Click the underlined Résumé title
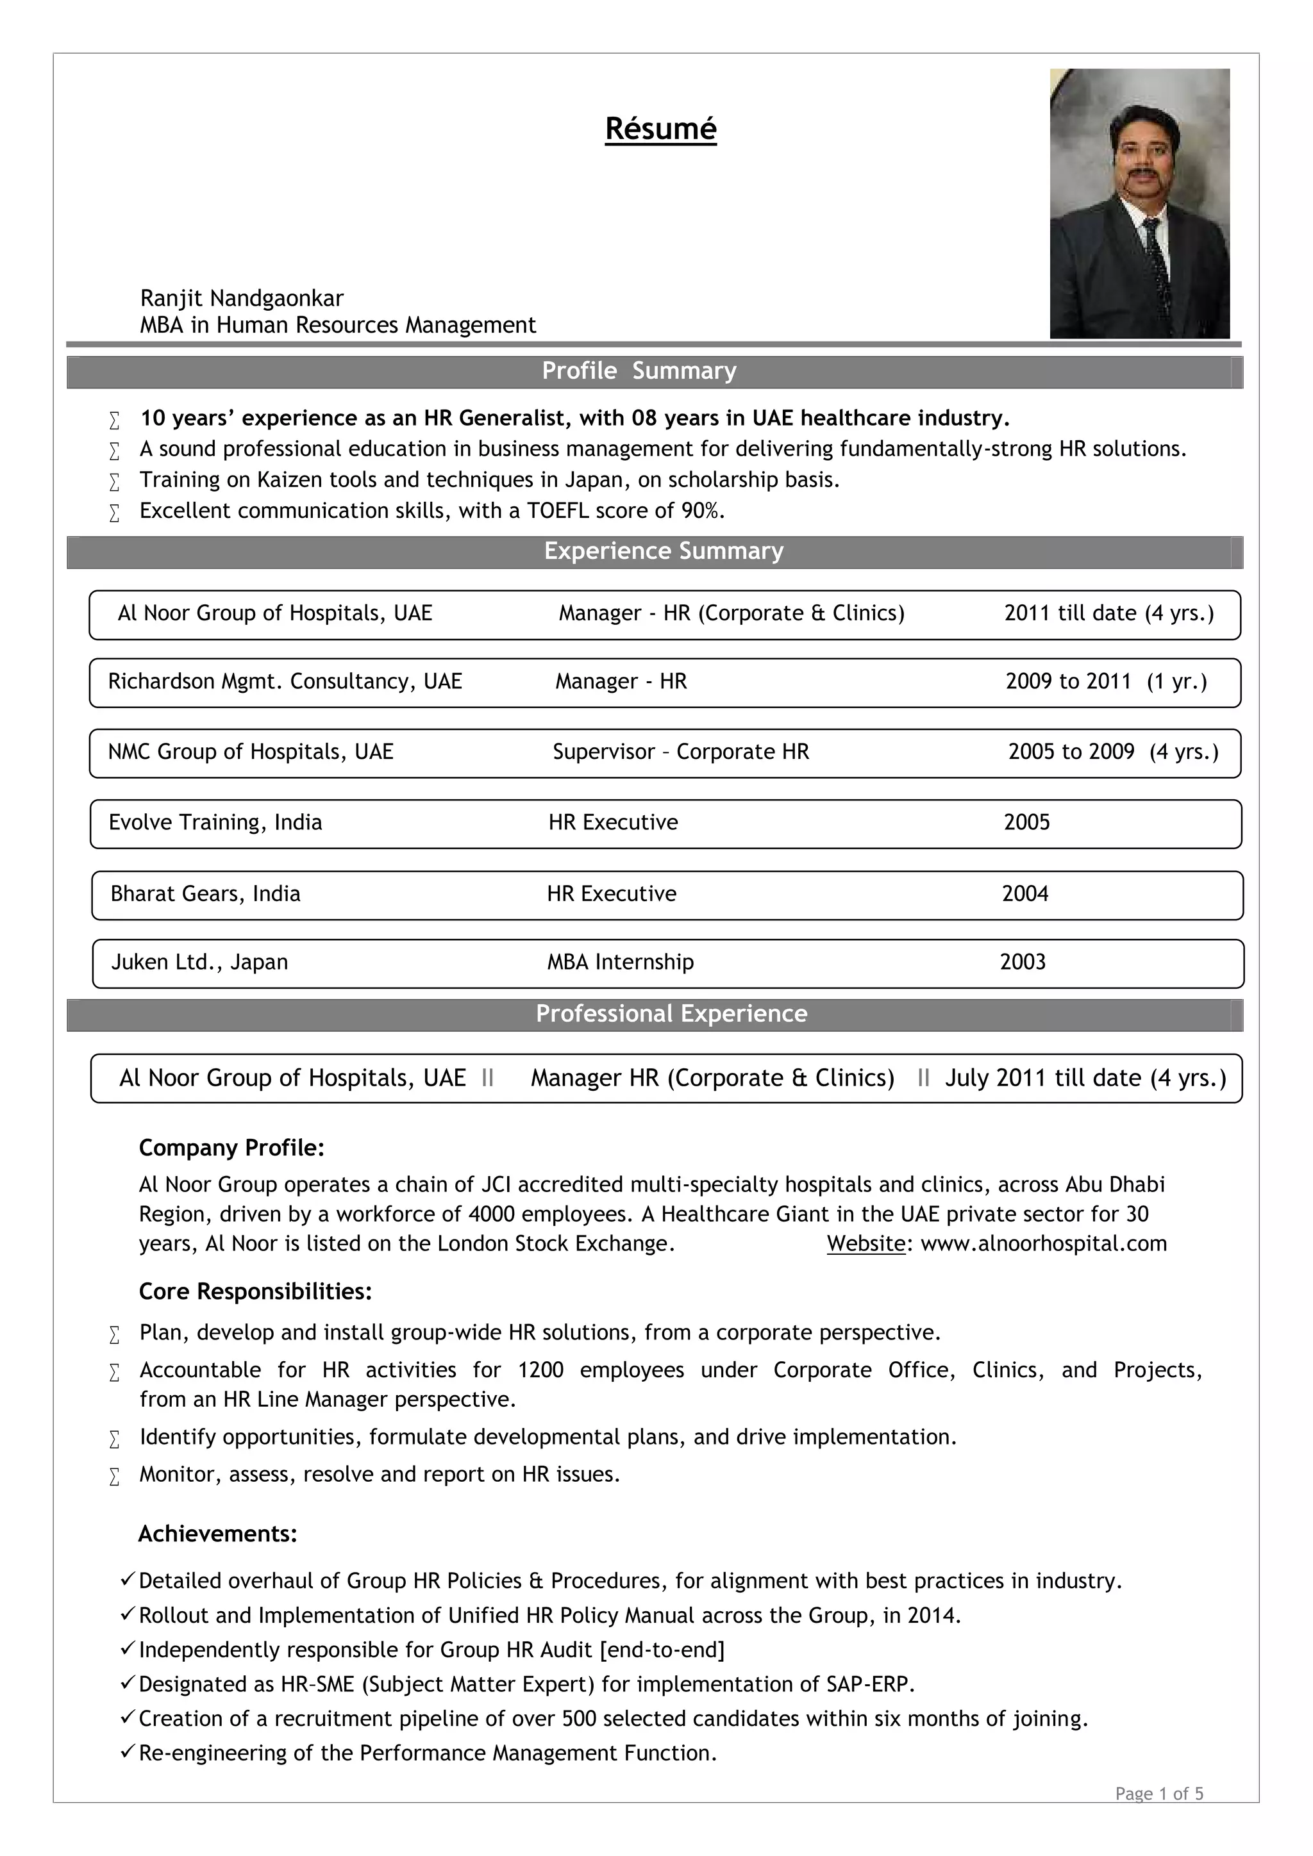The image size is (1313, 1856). coord(660,129)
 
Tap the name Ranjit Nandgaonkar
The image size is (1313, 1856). coord(242,298)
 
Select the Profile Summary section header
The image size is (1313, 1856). coord(639,371)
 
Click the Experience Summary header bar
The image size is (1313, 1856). coord(663,551)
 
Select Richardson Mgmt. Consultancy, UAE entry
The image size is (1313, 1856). coord(285,681)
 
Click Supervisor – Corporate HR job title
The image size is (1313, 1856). coord(681,752)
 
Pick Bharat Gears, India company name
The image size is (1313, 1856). coord(205,893)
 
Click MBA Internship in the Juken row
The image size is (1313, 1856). coord(620,962)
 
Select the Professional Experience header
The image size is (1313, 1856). coord(671,1014)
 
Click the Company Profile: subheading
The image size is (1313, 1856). coord(231,1148)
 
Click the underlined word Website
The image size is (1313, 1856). coord(865,1243)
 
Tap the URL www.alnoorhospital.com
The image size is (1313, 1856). coord(1043,1243)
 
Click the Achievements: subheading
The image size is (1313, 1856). coord(217,1534)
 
